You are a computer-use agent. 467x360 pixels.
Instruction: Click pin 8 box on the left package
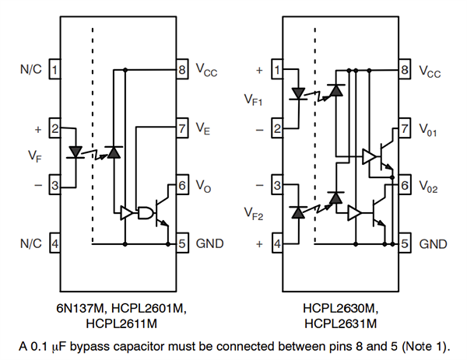click(182, 70)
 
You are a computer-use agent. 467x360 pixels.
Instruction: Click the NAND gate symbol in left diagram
click(145, 212)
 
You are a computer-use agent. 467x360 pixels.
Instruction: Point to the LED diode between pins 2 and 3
click(75, 151)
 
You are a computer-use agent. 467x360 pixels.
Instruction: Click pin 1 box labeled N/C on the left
click(55, 70)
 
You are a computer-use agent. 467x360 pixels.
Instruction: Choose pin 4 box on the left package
click(55, 243)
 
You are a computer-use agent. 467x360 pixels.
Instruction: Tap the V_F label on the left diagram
click(33, 156)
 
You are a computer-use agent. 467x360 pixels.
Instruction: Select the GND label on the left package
click(210, 243)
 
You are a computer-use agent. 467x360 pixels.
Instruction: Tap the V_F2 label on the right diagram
click(255, 214)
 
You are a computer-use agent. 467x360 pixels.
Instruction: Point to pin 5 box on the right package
click(405, 243)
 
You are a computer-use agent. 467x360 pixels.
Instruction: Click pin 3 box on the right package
click(278, 186)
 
